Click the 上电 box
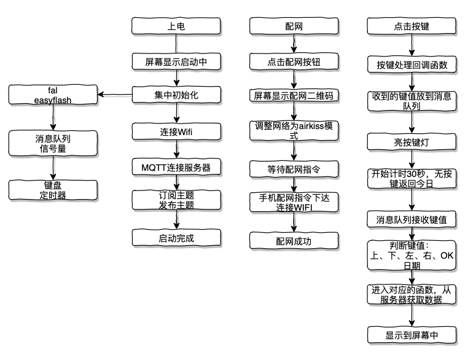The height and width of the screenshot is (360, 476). pos(176,27)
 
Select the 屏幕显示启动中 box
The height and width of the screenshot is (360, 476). pos(176,62)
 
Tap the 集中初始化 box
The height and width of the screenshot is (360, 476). pos(176,95)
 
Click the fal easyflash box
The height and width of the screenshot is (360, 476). pos(52,95)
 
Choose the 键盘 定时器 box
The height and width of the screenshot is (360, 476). pos(52,189)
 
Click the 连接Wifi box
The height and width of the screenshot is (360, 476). pos(176,131)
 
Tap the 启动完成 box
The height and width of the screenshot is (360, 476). pos(176,237)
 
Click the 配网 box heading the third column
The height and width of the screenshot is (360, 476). pos(294,27)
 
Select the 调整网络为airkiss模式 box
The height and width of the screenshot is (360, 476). pos(294,131)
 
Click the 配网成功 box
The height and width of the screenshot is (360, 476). pos(294,240)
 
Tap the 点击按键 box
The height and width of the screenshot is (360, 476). pos(412,27)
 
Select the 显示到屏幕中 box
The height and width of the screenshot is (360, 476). pos(412,335)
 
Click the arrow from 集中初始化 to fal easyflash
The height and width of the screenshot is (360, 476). pos(117,95)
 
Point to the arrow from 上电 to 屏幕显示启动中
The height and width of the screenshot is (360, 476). pos(176,44)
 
